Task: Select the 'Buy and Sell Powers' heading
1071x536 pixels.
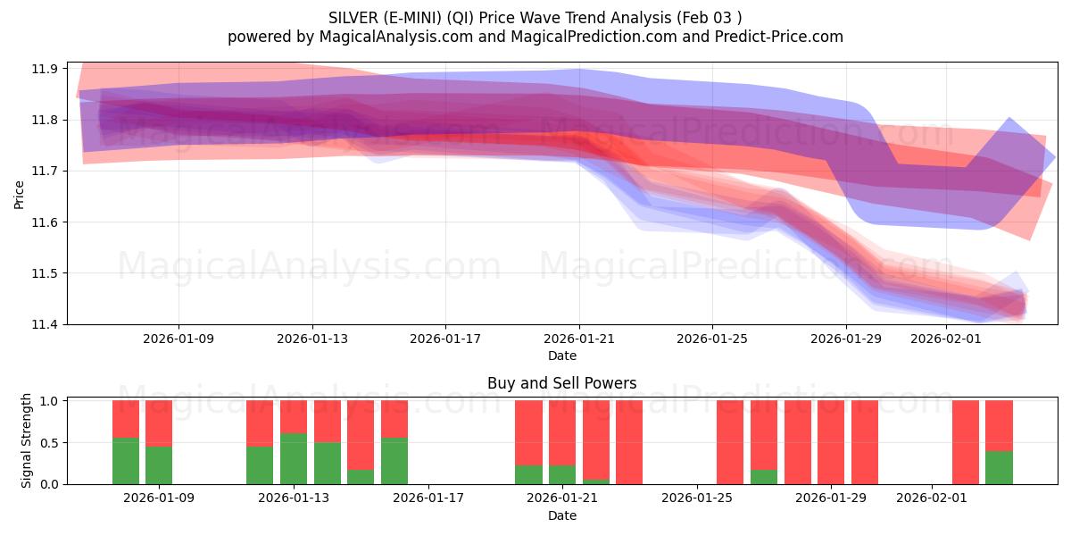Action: tap(561, 383)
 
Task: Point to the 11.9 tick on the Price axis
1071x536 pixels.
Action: tap(46, 69)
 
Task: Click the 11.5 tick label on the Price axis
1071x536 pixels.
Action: tap(46, 273)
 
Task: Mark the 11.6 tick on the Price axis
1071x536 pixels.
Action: tap(46, 222)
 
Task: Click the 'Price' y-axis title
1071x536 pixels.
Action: tap(20, 194)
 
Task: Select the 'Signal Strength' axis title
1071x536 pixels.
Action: tap(27, 440)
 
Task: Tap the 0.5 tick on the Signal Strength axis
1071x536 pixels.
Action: tap(50, 443)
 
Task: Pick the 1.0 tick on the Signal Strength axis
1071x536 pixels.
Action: tap(50, 401)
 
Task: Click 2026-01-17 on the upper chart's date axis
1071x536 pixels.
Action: tap(445, 339)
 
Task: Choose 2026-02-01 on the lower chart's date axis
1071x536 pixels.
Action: tap(932, 498)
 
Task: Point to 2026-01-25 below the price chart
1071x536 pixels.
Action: tap(712, 339)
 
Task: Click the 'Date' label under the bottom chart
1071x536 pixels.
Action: tap(561, 515)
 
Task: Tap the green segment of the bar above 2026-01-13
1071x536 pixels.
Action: tap(294, 459)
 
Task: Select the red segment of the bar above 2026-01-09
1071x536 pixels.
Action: tap(159, 423)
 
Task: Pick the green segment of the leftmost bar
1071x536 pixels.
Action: tap(126, 461)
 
